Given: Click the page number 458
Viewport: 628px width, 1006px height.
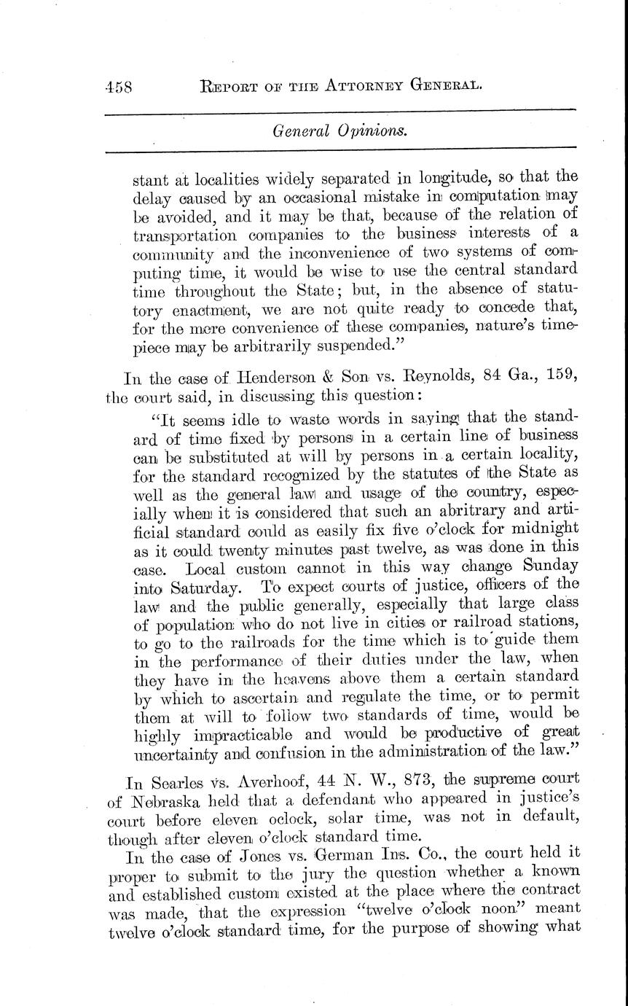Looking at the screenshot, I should (x=117, y=87).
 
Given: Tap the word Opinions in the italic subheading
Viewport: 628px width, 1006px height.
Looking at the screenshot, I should (x=367, y=131).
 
